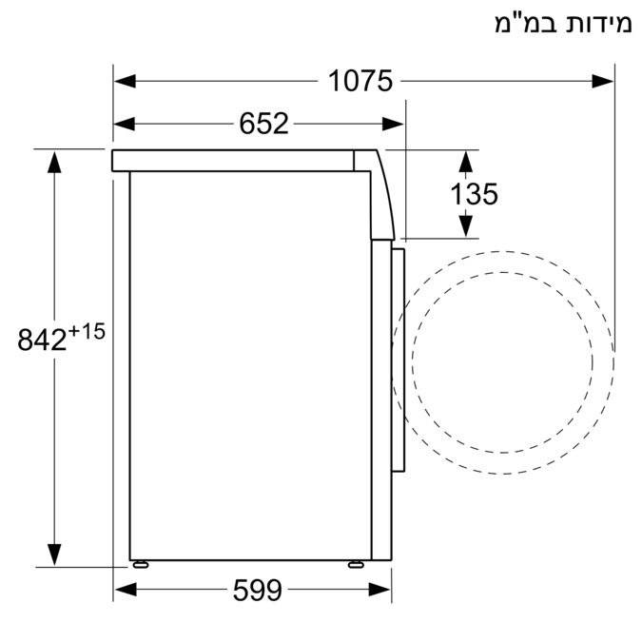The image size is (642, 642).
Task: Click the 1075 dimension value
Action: point(360,82)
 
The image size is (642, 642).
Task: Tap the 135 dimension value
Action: point(475,194)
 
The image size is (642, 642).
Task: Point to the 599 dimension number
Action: point(257,591)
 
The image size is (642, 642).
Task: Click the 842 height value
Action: point(44,340)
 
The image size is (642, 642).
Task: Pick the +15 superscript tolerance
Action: point(85,330)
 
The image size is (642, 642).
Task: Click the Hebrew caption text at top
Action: point(562,24)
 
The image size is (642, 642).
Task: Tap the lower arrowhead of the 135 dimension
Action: point(465,225)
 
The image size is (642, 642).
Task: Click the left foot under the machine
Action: point(143,563)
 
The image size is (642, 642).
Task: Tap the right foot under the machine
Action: point(356,563)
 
